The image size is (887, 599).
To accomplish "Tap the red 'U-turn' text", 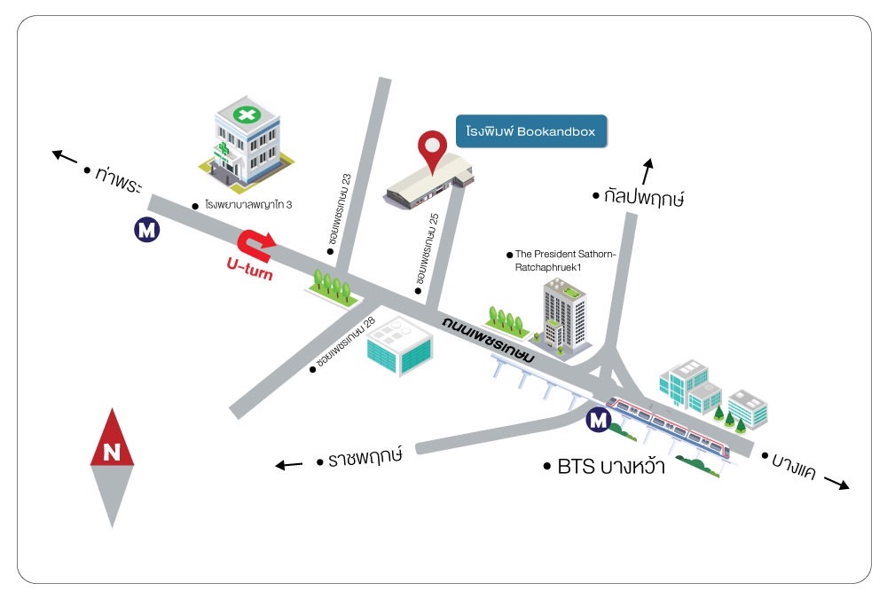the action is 249,269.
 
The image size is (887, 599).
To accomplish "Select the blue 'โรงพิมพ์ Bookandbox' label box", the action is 531,131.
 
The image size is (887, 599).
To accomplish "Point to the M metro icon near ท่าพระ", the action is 146,230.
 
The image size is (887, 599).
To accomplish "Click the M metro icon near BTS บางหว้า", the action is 598,420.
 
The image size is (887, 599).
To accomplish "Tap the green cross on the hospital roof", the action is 247,115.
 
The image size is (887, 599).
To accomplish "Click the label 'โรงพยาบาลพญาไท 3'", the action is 248,204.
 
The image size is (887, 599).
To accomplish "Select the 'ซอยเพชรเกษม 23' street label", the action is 339,209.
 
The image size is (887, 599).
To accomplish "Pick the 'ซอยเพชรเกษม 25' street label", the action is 428,249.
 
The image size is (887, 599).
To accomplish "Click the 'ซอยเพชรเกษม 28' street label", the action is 345,342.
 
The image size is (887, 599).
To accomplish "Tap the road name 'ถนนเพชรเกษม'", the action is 488,339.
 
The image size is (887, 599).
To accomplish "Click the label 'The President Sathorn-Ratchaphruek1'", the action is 564,260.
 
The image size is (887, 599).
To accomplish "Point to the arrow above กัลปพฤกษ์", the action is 648,171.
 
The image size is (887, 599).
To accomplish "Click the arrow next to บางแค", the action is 836,483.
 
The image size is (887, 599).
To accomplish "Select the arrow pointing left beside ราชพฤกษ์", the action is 288,465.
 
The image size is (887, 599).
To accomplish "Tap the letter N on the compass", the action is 112,452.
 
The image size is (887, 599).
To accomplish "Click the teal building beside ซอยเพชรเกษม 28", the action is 399,345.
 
